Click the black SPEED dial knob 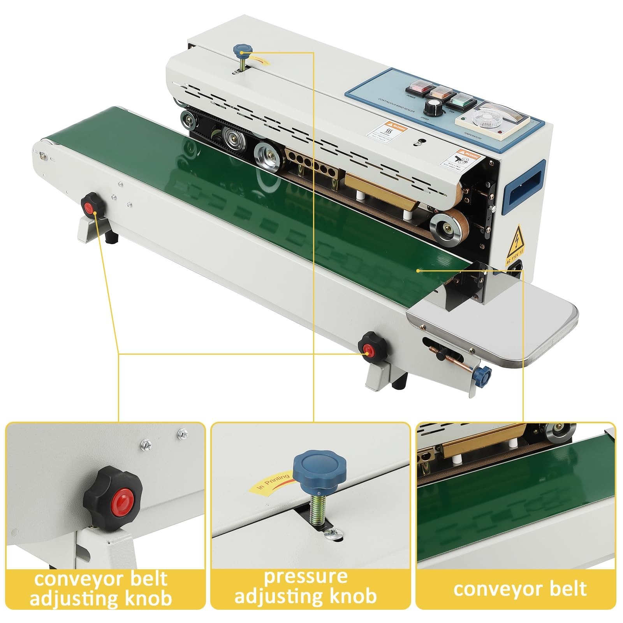tap(433, 106)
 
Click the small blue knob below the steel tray tap(484, 374)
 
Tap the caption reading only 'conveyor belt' tap(519, 589)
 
